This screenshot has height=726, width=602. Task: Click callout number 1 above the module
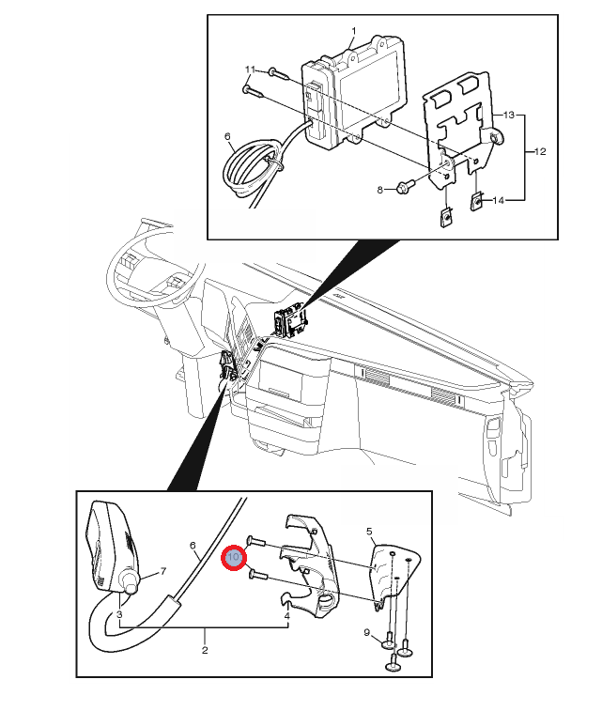click(x=353, y=30)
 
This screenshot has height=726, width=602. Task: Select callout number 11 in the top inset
click(x=251, y=70)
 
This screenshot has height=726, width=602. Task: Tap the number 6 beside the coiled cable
click(x=227, y=136)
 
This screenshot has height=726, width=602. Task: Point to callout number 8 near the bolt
click(x=381, y=190)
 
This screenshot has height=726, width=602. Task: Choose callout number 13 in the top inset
click(x=509, y=115)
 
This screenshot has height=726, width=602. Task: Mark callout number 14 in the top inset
click(x=499, y=200)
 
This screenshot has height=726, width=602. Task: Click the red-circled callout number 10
click(x=233, y=559)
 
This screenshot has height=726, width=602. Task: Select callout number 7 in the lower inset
click(x=162, y=571)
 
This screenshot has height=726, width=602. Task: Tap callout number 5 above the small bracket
click(x=369, y=532)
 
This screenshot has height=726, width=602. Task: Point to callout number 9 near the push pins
click(x=366, y=632)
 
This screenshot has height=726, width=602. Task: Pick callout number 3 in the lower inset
click(x=119, y=615)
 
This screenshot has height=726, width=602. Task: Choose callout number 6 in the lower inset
click(x=193, y=546)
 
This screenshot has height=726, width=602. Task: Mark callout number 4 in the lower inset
click(x=287, y=616)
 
